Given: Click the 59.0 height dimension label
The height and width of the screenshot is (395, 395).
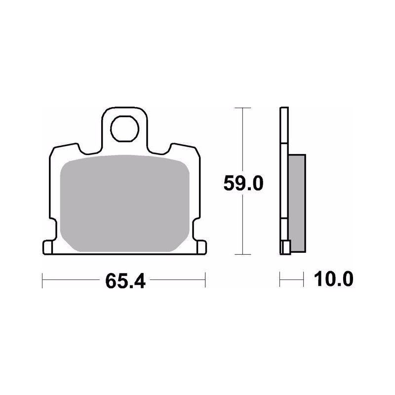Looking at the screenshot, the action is (x=243, y=183).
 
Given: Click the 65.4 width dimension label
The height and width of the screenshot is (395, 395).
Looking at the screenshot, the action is (x=125, y=281).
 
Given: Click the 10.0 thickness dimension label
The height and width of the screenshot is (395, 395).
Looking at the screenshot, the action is (x=333, y=279).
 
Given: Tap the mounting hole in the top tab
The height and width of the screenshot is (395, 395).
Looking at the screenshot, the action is (x=125, y=129).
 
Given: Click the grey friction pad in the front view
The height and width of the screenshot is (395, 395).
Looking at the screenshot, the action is (x=125, y=203).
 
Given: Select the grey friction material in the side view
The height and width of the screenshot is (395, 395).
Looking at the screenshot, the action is (x=297, y=203).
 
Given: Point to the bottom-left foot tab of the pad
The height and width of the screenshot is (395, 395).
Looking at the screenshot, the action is (x=47, y=247).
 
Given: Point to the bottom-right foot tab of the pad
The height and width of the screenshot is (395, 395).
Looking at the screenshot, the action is (x=201, y=247).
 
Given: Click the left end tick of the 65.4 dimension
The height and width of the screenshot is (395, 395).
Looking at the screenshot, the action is (x=42, y=280).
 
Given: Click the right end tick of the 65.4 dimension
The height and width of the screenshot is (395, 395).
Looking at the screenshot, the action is (x=205, y=279).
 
